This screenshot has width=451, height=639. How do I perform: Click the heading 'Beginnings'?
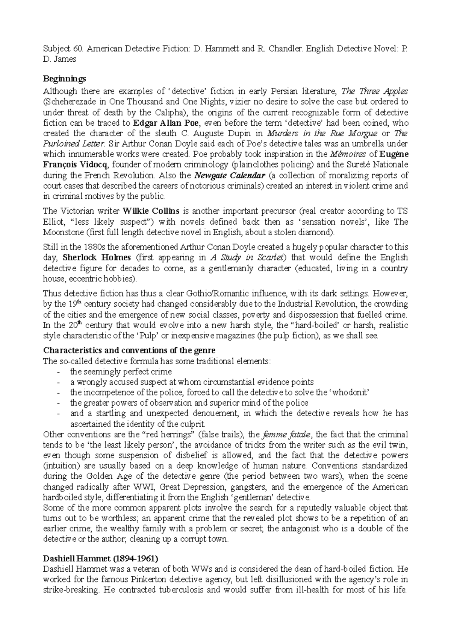65,79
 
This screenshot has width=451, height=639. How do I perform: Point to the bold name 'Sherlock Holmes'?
97,258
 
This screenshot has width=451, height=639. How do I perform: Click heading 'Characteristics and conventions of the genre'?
129,350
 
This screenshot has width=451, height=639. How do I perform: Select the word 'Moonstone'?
62,232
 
